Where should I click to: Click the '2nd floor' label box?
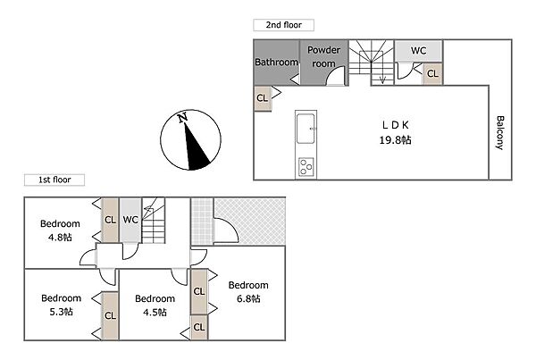(x=283, y=25)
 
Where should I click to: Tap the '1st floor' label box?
(x=54, y=180)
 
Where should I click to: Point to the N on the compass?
(x=183, y=117)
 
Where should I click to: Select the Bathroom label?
(x=277, y=62)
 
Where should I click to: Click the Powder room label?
(x=323, y=57)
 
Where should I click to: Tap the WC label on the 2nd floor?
(x=418, y=51)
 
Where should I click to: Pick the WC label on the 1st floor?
(x=130, y=220)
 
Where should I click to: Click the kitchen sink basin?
(x=306, y=129)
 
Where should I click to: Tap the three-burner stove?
(x=306, y=167)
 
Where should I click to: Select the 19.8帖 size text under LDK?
(x=395, y=140)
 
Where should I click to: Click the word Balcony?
(x=500, y=132)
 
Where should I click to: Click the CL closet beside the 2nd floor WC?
(x=432, y=73)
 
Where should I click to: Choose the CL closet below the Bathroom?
(x=263, y=98)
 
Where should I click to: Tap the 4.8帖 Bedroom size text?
(x=60, y=237)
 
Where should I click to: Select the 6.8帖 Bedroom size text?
(x=248, y=298)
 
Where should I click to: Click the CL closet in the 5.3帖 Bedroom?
(x=111, y=315)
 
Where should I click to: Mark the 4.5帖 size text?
(x=155, y=312)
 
